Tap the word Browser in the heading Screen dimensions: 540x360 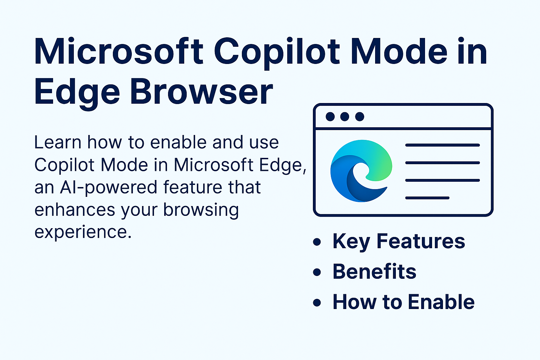tap(201, 92)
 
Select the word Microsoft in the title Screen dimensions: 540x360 tap(119, 51)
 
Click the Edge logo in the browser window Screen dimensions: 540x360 tap(361, 171)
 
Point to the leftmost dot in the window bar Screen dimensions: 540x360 tap(330, 117)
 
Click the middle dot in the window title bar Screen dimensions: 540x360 tap(345, 117)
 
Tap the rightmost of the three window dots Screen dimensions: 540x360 tap(360, 117)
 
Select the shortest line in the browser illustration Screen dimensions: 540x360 tap(427, 198)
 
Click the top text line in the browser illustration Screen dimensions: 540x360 tap(442, 145)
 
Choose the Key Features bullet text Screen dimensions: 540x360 tap(399, 242)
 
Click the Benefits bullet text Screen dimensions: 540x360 tap(374, 271)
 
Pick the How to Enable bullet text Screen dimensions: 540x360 tap(404, 302)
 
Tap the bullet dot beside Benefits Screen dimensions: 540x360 tap(317, 272)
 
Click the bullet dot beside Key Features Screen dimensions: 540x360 tap(317, 242)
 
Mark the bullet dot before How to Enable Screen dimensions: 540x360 tap(317, 303)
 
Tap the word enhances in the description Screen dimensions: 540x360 tap(75, 210)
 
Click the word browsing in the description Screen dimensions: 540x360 tap(201, 210)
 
